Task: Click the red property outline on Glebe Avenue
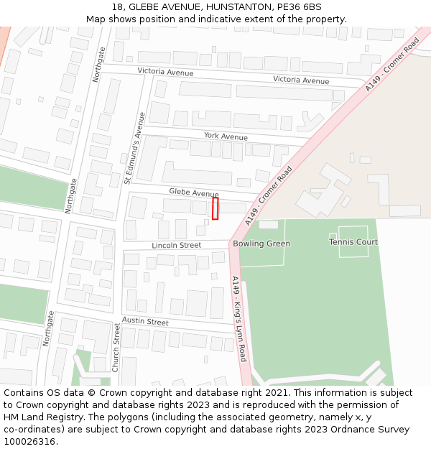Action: (x=215, y=208)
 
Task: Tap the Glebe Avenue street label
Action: (x=193, y=193)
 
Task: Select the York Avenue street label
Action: (x=226, y=136)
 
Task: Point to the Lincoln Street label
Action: (x=177, y=246)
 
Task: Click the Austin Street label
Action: (x=145, y=321)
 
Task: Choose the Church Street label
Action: (x=116, y=347)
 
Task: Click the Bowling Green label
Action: (x=261, y=244)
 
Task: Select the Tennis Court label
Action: (x=353, y=242)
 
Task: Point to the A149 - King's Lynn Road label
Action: (x=239, y=318)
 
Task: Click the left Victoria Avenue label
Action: (x=165, y=73)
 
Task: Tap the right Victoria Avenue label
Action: (x=301, y=80)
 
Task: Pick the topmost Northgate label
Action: (x=99, y=64)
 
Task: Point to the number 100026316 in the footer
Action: (x=30, y=441)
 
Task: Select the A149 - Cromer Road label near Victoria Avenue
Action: (x=392, y=64)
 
